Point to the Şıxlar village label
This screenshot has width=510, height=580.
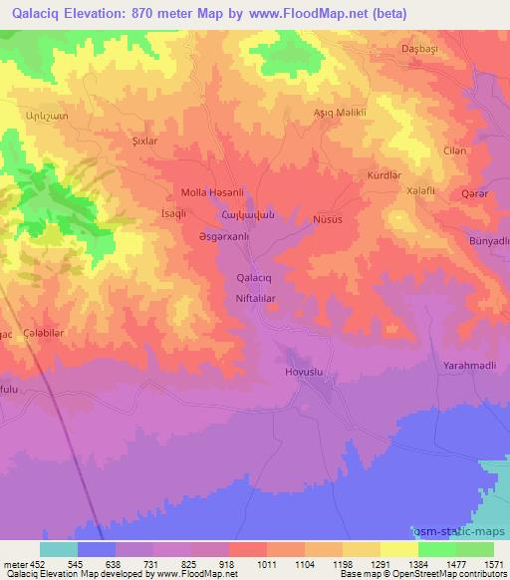[145, 142]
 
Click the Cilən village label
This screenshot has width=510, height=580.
[454, 150]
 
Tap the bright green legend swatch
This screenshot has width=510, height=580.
[437, 549]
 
